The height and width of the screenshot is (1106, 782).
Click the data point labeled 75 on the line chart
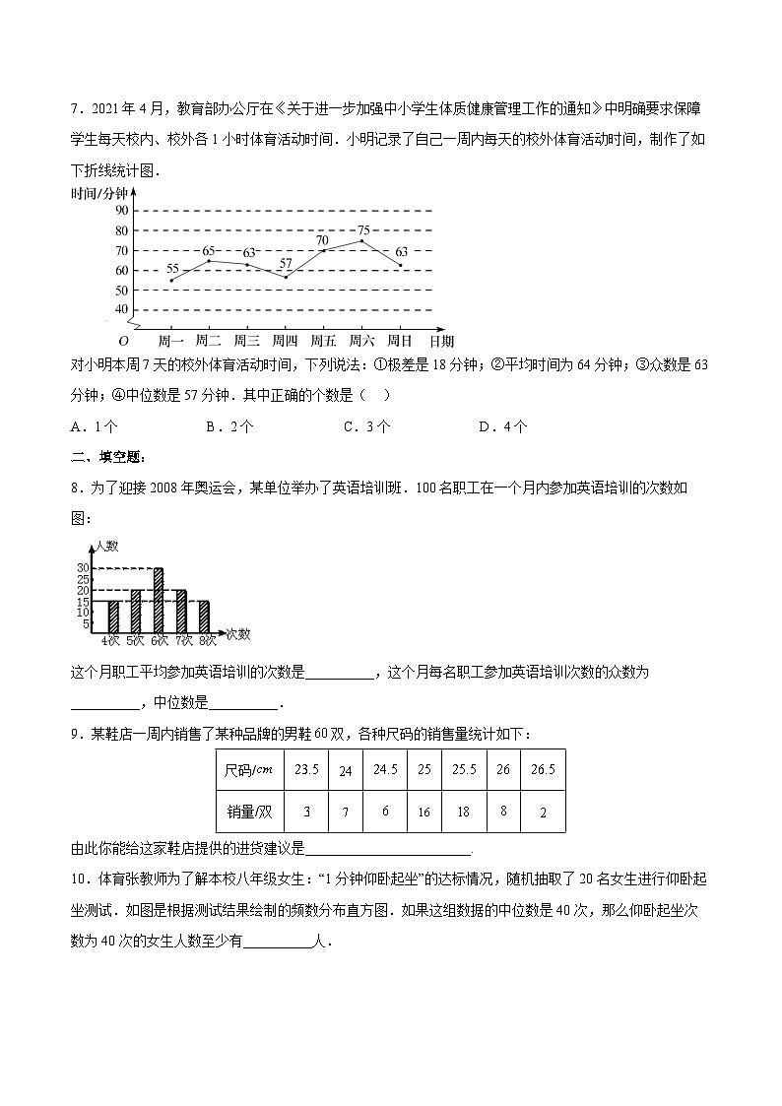(x=361, y=240)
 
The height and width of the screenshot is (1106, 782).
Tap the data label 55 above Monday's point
(x=172, y=268)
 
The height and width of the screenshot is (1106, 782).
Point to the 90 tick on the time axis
(x=121, y=211)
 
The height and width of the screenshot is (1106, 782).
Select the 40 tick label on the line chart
(x=121, y=309)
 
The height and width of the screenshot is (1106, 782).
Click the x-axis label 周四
(x=285, y=341)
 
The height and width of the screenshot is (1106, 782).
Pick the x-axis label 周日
(x=400, y=341)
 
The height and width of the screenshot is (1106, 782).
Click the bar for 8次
(x=204, y=617)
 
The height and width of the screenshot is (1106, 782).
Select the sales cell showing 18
(x=463, y=812)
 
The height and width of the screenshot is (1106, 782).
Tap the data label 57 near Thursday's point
(x=286, y=263)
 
